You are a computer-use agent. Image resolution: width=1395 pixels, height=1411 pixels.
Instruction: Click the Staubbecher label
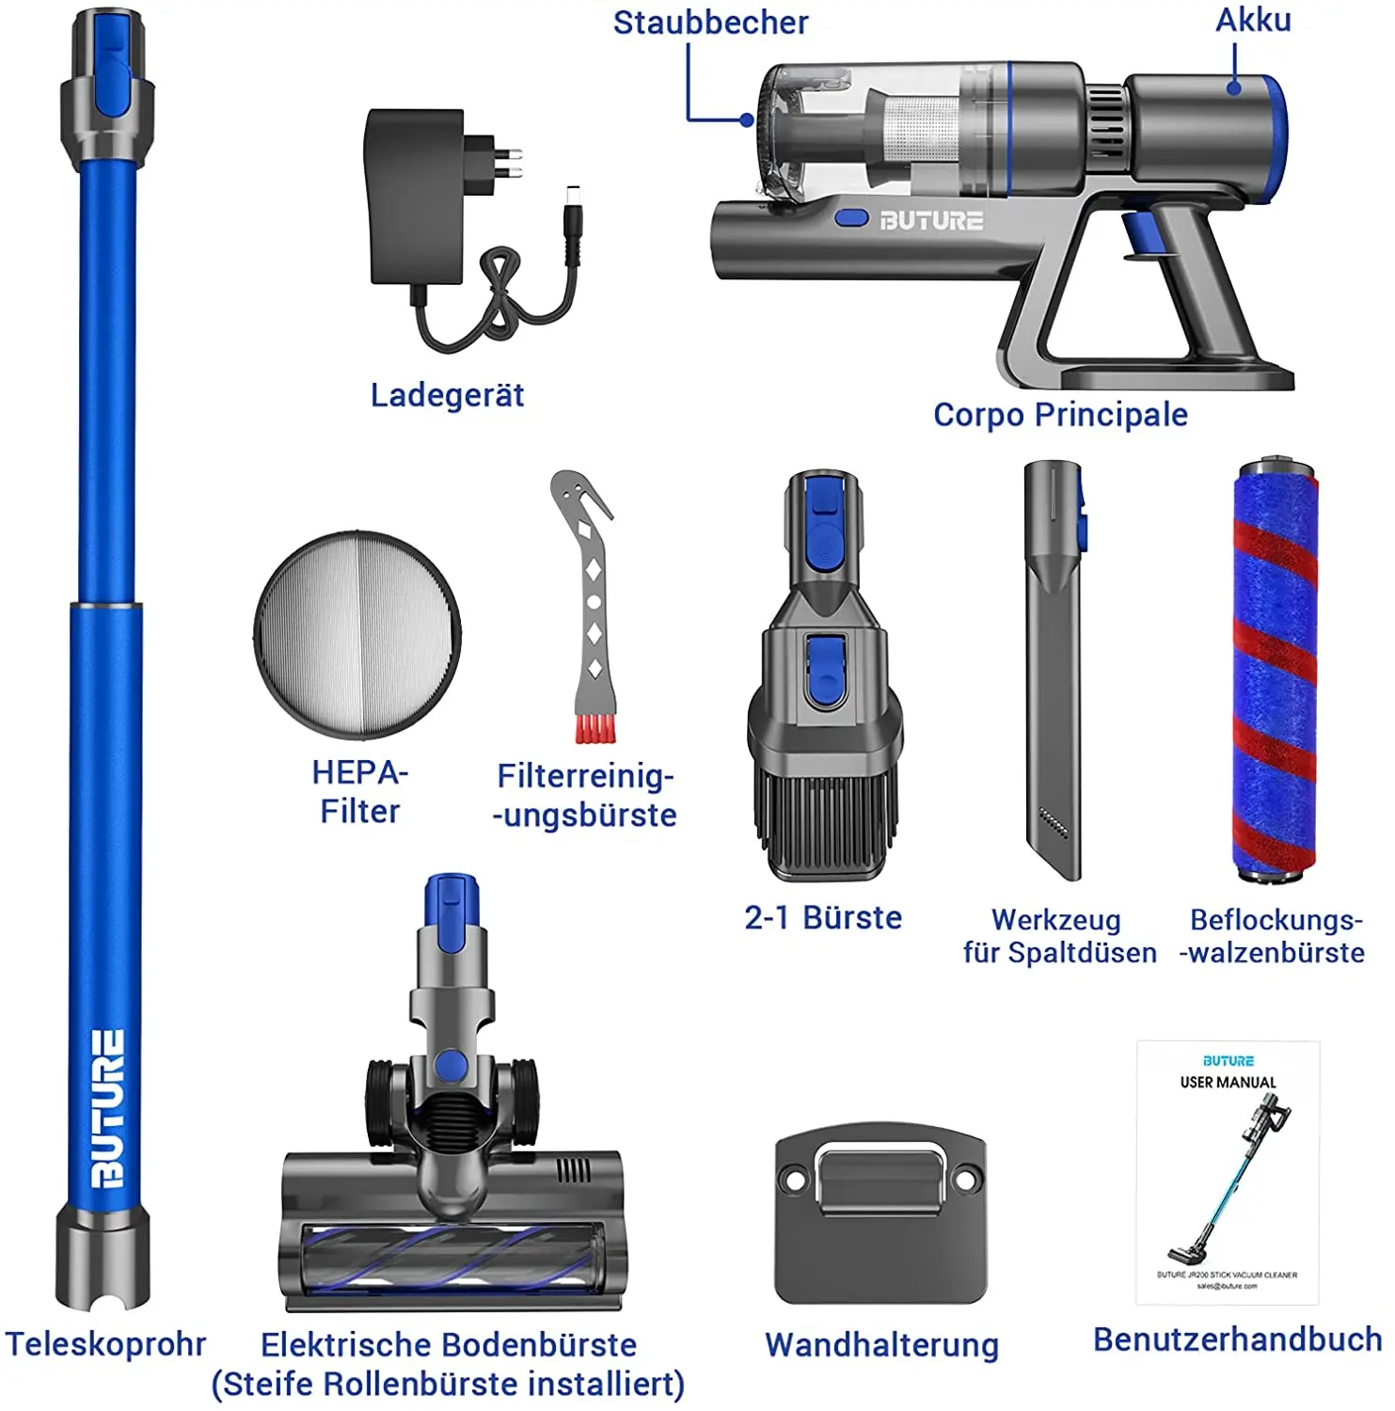click(710, 23)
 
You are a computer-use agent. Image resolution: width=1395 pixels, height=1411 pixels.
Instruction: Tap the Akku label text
click(1253, 20)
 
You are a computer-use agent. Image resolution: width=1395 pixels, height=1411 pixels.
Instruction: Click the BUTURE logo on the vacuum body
click(931, 221)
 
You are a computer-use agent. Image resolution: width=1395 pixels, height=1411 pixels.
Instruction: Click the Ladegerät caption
click(447, 395)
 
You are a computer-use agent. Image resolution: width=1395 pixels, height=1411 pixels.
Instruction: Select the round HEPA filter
click(357, 635)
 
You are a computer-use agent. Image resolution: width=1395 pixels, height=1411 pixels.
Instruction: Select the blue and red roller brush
click(1276, 668)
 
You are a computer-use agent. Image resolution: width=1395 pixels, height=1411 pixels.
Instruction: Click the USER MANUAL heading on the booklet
click(1228, 1083)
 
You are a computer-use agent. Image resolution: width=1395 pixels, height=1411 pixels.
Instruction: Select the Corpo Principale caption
click(1060, 415)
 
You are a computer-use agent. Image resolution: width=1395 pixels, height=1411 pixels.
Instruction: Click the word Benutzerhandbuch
click(1237, 1340)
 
